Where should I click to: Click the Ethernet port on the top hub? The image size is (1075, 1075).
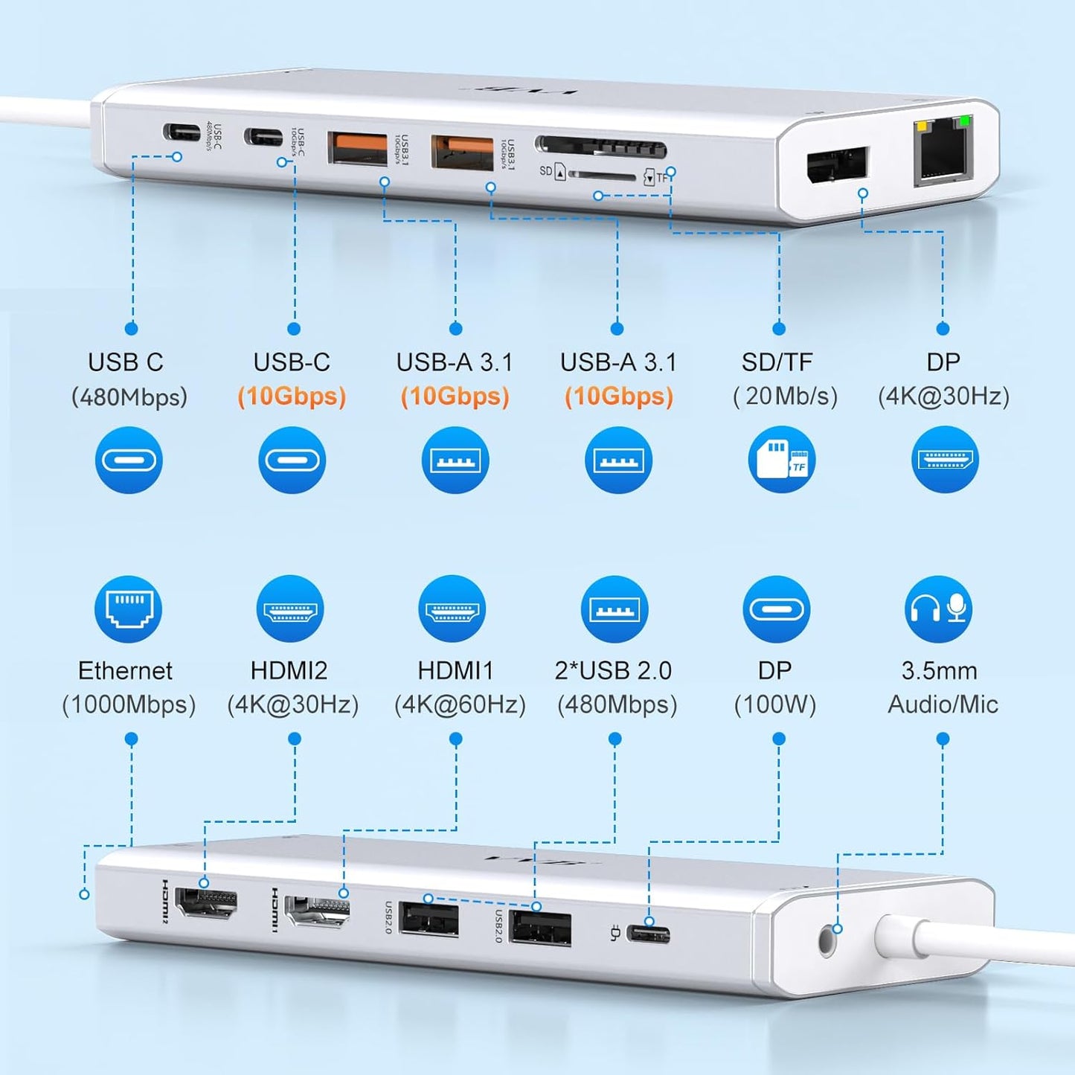943,151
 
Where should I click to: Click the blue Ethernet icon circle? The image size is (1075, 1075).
128,609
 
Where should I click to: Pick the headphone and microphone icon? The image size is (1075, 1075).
938,609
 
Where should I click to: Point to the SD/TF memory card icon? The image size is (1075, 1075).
781,460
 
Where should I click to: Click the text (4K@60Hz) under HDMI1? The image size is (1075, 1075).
459,704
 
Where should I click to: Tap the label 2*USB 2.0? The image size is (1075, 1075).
613,670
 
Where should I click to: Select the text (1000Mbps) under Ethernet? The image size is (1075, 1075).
129,704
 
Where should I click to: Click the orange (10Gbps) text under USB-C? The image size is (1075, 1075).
292,396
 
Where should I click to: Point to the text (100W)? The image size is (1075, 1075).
775,704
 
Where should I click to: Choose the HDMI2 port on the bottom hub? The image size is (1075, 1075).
205,902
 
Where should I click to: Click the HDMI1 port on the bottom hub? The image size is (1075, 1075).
317,911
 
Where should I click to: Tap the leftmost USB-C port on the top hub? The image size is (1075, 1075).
182,133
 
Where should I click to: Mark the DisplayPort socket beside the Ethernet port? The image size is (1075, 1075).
837,164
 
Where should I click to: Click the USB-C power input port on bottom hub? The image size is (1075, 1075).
648,934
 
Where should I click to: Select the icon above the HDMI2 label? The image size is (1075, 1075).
290,609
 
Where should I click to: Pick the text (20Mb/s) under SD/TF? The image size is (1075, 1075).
785,396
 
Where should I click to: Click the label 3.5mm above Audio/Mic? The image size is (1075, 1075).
939,670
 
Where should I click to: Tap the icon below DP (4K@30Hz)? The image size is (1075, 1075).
945,460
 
